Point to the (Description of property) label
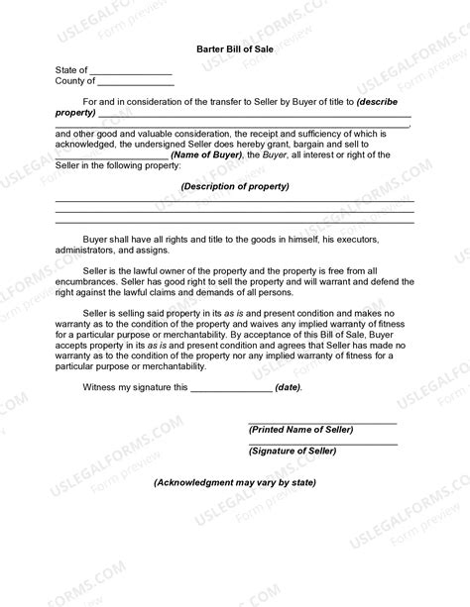(234, 186)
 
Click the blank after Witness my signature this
(230, 389)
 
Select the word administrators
(86, 251)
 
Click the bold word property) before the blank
(76, 114)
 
